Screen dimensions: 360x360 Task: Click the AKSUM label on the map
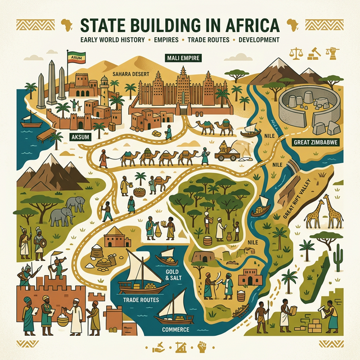click(80, 137)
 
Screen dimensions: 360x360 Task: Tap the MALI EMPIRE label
click(184, 57)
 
